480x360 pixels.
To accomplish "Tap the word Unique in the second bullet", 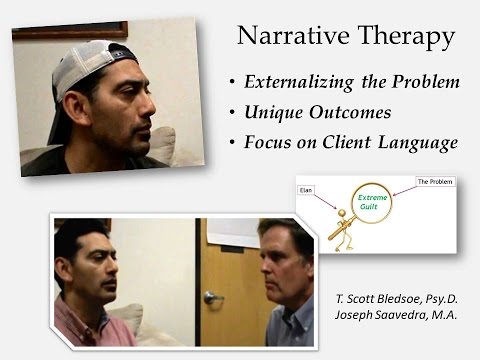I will click(273, 112).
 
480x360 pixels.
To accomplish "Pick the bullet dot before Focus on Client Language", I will click(234, 142).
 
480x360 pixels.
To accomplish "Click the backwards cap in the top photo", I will click(95, 65).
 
